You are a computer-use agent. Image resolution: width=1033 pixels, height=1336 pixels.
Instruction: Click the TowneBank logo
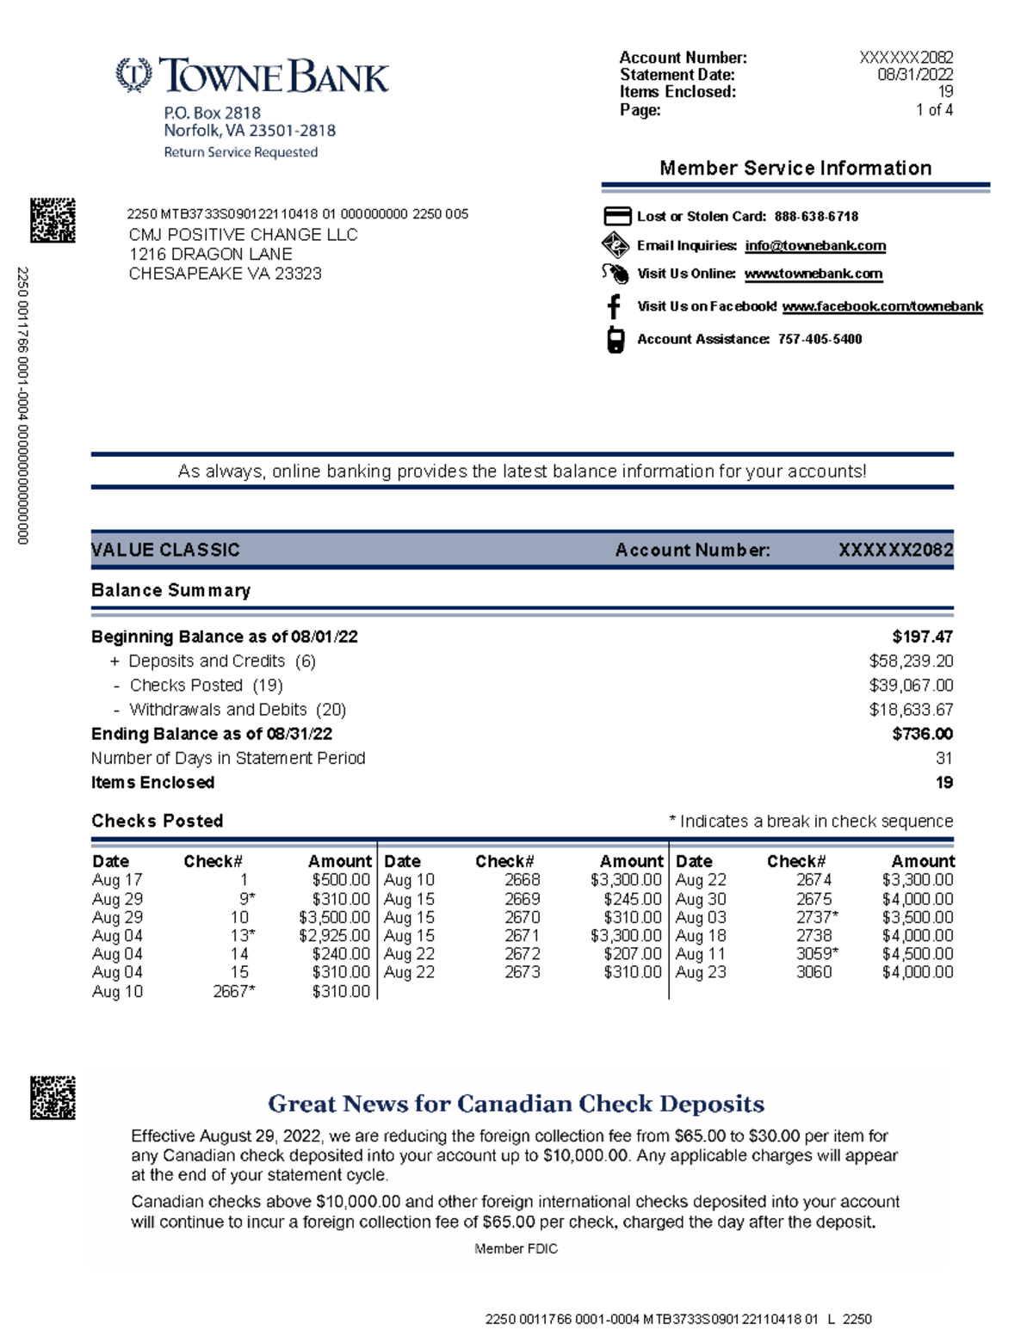click(252, 76)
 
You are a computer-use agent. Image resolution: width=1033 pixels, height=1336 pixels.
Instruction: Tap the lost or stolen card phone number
click(815, 217)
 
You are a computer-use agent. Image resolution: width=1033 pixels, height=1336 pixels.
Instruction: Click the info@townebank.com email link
click(814, 246)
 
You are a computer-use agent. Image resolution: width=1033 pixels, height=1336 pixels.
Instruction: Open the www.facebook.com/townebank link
click(881, 306)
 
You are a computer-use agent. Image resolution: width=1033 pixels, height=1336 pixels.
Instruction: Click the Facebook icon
click(614, 306)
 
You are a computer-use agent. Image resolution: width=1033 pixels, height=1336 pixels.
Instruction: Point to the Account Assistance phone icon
click(615, 339)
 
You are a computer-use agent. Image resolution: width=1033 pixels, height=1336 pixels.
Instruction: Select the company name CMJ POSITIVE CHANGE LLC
click(243, 235)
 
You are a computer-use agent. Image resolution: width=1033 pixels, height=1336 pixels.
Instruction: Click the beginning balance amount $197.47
click(922, 637)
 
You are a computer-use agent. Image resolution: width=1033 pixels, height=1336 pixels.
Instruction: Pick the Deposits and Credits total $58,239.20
click(911, 661)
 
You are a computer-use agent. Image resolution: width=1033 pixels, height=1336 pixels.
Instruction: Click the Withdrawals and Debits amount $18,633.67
click(911, 710)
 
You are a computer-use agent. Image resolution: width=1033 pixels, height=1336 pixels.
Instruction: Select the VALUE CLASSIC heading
click(165, 550)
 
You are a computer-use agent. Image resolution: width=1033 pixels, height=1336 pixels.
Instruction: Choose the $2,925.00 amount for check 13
click(334, 936)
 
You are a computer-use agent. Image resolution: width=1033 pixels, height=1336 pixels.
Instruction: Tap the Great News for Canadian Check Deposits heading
click(516, 1104)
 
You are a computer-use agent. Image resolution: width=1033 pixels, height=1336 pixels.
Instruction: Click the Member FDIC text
click(516, 1248)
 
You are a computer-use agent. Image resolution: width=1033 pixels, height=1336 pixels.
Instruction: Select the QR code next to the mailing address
click(53, 220)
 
